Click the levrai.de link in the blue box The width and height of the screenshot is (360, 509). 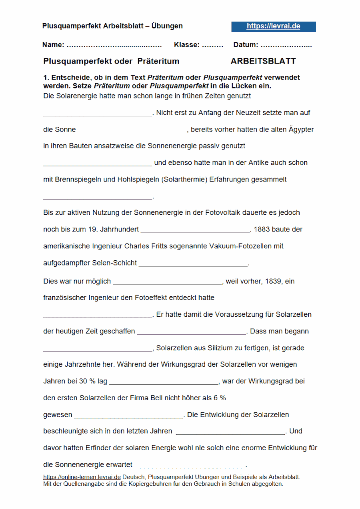tap(273, 26)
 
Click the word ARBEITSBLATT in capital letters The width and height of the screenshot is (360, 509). tap(263, 61)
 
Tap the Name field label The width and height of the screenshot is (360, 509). tap(53, 45)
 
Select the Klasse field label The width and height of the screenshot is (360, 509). tap(186, 45)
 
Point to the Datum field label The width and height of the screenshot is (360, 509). tap(246, 45)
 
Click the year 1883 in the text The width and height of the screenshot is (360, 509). tap(262, 230)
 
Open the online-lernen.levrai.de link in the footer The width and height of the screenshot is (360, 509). tap(82, 477)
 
